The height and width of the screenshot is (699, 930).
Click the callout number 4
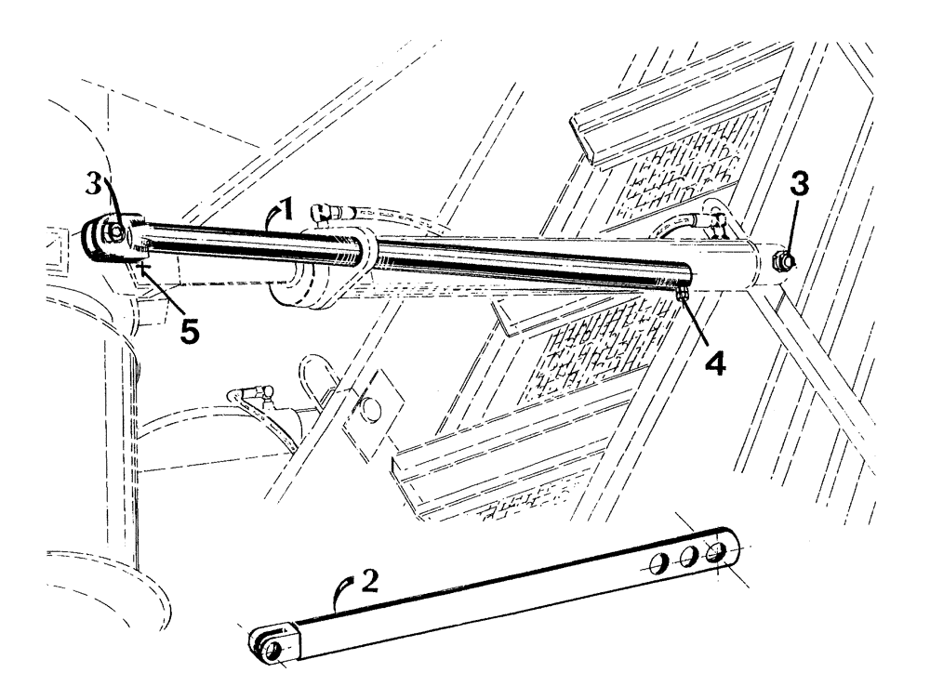(x=714, y=358)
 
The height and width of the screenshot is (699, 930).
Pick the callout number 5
(x=190, y=332)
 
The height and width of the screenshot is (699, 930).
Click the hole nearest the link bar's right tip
(x=716, y=552)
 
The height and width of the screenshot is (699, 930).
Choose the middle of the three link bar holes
(x=690, y=558)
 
